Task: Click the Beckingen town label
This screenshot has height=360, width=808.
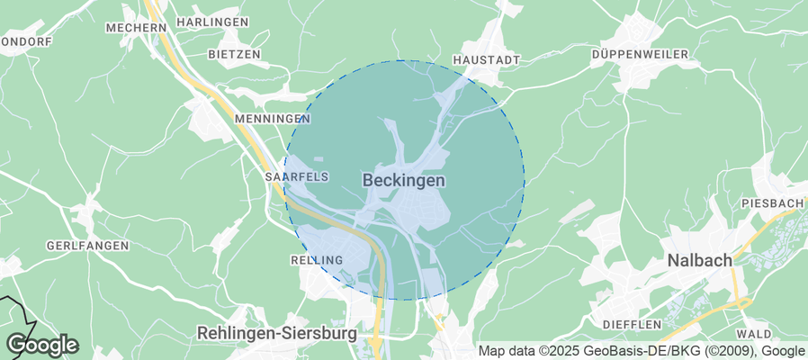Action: pyautogui.click(x=404, y=181)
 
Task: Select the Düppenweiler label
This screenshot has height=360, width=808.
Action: pyautogui.click(x=640, y=55)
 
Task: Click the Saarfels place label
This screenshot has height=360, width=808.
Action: pyautogui.click(x=296, y=177)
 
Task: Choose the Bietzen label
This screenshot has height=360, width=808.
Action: pyautogui.click(x=234, y=54)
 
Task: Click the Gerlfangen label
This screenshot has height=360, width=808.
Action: pyautogui.click(x=88, y=246)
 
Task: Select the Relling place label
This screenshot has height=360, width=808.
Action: pyautogui.click(x=317, y=260)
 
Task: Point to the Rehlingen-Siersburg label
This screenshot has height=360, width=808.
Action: pyautogui.click(x=276, y=333)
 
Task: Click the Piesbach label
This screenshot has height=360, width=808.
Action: pyautogui.click(x=773, y=204)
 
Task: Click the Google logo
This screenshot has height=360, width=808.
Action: pyautogui.click(x=42, y=344)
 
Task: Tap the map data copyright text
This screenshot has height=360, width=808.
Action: pyautogui.click(x=641, y=351)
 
